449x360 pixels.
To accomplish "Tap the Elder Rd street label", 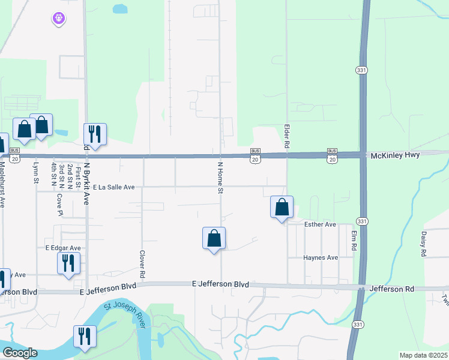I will point(287,137).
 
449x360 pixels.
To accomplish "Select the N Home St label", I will point(220,177).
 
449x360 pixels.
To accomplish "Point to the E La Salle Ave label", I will point(113,187).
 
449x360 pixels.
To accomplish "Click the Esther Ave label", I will point(321,224).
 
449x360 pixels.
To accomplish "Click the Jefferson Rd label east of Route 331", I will point(392,289).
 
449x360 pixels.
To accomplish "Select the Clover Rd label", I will point(142,263).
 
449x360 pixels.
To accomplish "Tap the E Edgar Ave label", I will point(63,248).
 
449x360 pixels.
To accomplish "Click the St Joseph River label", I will point(125,315).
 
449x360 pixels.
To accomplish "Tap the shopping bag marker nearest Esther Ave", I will point(282,208).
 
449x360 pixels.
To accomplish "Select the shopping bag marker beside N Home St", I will point(214,238).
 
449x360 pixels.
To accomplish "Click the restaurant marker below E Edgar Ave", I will point(68,263).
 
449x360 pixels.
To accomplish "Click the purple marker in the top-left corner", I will point(58,19).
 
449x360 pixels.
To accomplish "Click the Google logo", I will point(19,353).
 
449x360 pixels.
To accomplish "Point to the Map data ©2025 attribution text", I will point(423,355).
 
